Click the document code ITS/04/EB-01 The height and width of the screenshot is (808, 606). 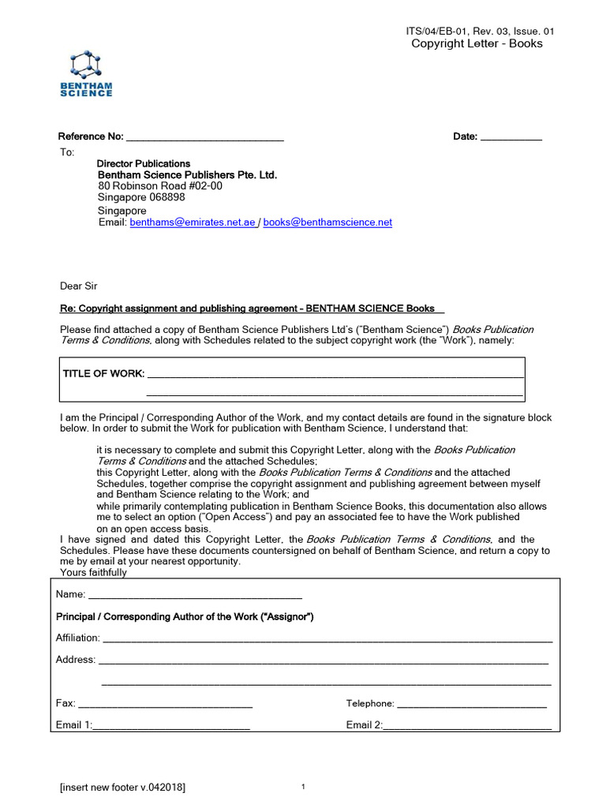438,31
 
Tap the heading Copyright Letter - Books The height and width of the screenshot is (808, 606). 477,43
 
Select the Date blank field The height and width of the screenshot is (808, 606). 511,139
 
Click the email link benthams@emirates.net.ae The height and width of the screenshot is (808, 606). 193,223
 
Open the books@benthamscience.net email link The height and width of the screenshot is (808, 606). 327,223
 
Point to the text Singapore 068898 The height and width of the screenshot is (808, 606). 141,197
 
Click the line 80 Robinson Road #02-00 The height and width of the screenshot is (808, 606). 159,186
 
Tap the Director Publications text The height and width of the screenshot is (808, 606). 143,163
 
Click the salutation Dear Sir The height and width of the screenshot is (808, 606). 79,286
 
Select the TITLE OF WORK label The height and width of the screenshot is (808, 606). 103,373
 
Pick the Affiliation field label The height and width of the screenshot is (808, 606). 77,638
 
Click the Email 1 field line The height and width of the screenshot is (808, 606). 171,726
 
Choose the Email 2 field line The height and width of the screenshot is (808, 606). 466,726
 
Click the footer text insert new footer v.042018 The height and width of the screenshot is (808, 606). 123,787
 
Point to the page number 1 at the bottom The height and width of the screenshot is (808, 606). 303,787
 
